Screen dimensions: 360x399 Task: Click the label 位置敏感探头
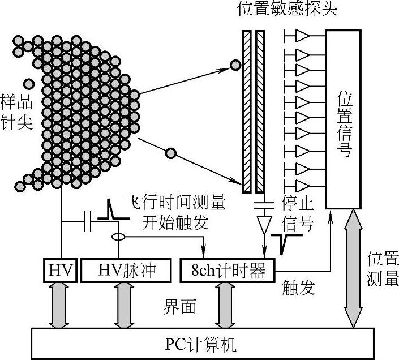click(289, 10)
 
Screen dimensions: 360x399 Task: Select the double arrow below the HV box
click(59, 305)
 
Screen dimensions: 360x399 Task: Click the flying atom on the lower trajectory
click(169, 152)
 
